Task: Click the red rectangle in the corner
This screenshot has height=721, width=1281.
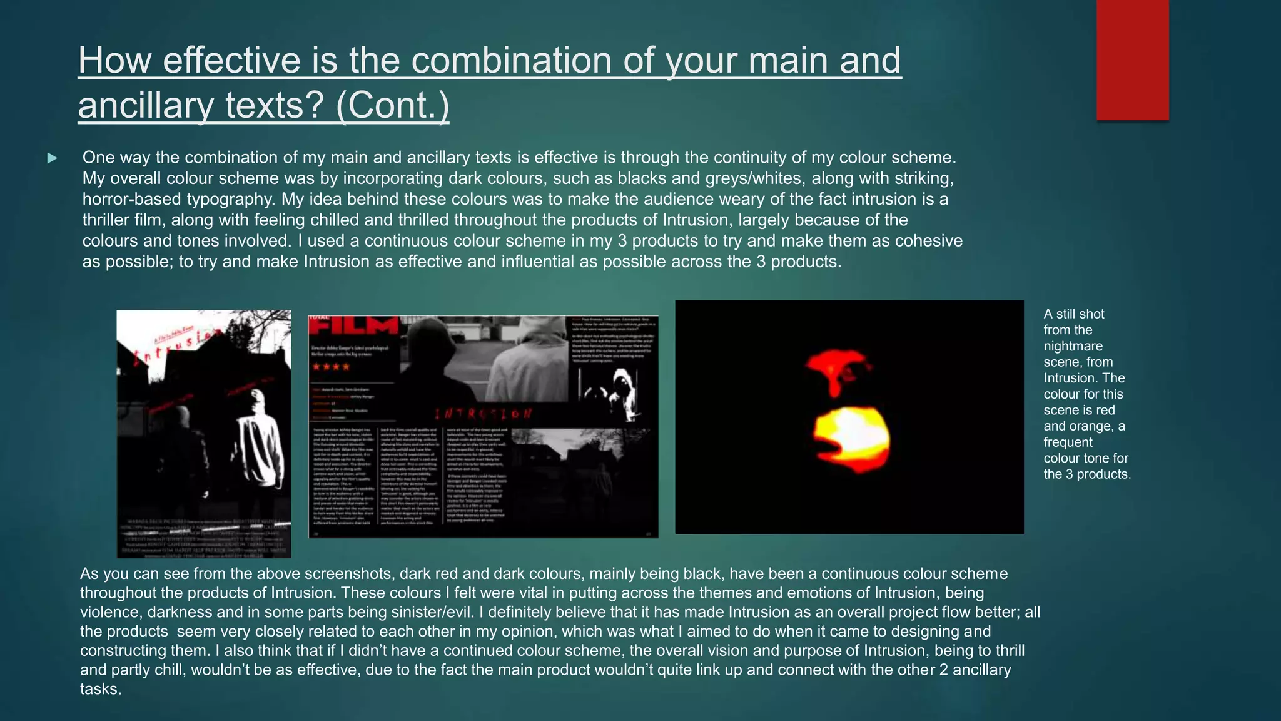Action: click(1132, 59)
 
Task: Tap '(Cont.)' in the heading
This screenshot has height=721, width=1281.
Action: click(392, 105)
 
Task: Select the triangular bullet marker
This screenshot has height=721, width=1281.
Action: click(53, 158)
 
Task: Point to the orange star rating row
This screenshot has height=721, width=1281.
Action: click(331, 367)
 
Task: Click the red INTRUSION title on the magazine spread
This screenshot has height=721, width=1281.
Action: click(483, 414)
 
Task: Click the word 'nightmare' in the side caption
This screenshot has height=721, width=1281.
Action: click(1073, 346)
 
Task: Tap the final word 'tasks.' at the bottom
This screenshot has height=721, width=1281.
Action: click(101, 689)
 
